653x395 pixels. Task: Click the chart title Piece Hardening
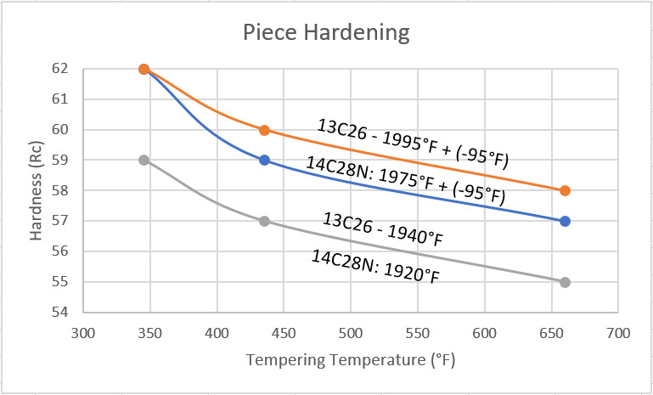[x=326, y=34]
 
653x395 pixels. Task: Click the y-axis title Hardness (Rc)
[x=37, y=190]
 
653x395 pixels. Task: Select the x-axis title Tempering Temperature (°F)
[x=351, y=360]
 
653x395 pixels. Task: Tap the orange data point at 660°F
[x=566, y=190]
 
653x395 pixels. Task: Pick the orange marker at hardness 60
[x=264, y=130]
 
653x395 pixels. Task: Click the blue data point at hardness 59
[x=264, y=160]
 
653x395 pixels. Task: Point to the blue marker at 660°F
[x=566, y=221]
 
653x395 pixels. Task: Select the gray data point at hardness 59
[x=144, y=160]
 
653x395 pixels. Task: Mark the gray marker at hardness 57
[x=264, y=221]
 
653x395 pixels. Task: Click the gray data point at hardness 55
[x=566, y=282]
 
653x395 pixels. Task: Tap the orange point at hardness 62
[x=144, y=69]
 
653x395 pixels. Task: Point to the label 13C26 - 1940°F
[x=382, y=229]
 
